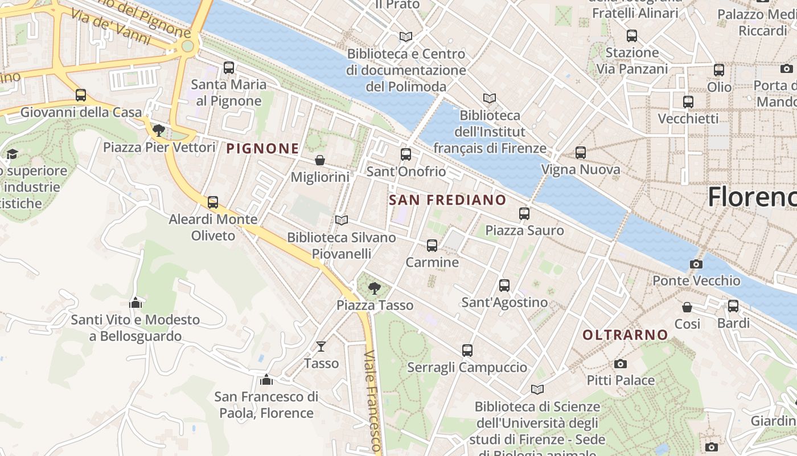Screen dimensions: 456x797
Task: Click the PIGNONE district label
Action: point(262,149)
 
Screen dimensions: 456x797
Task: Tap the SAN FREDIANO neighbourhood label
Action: point(447,199)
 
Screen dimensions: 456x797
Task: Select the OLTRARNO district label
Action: point(625,335)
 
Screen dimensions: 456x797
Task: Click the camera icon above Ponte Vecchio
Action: point(696,264)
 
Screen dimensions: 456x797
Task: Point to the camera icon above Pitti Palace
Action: point(620,364)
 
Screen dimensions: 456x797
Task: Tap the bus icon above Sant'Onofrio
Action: point(405,154)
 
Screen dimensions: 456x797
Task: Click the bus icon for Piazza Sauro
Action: point(524,214)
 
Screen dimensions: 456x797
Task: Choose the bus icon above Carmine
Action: point(432,246)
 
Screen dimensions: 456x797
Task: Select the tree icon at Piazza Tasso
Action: point(374,288)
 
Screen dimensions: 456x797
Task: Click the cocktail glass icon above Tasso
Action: point(321,347)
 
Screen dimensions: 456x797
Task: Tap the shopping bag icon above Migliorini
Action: point(320,160)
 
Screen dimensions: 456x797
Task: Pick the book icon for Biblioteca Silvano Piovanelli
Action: point(341,220)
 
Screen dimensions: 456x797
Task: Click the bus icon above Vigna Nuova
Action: point(580,153)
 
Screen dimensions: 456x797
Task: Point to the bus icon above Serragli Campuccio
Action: point(467,350)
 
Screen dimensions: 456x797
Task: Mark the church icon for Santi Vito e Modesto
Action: point(135,303)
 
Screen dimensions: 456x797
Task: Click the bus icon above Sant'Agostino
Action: point(504,285)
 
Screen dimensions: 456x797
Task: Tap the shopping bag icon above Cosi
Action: point(687,307)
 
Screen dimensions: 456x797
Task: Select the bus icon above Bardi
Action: point(733,306)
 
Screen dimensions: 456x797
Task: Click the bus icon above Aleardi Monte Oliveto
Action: point(212,202)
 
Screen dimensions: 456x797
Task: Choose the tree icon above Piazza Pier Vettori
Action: point(159,131)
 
